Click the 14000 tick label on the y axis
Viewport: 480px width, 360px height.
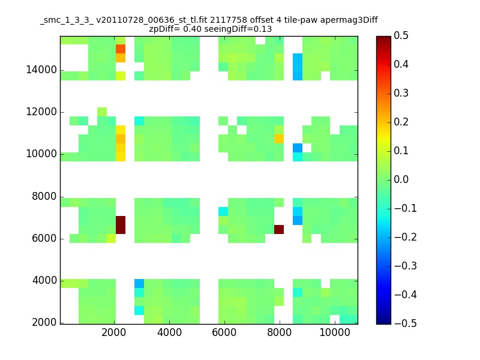pyautogui.click(x=41, y=70)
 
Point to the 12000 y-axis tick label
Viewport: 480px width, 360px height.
pyautogui.click(x=41, y=112)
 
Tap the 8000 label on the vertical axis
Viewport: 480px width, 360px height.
pyautogui.click(x=44, y=196)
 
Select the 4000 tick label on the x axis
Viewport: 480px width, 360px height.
pyautogui.click(x=169, y=332)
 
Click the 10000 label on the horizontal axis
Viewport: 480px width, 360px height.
pyautogui.click(x=335, y=332)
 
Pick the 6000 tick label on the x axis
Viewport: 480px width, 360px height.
pyautogui.click(x=224, y=332)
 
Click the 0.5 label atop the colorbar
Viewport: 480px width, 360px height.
pyautogui.click(x=401, y=35)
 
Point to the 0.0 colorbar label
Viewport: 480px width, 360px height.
pyautogui.click(x=401, y=179)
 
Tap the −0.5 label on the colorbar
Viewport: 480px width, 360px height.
pyautogui.click(x=406, y=323)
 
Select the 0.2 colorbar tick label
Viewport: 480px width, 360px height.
pyautogui.click(x=401, y=122)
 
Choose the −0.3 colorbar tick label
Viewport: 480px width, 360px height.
pyautogui.click(x=406, y=266)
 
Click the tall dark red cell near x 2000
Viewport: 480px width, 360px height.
pyautogui.click(x=121, y=225)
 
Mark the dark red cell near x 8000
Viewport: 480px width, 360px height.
pyautogui.click(x=279, y=229)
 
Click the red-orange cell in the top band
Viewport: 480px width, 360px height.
pyautogui.click(x=121, y=49)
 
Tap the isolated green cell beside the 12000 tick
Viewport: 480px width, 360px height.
pyautogui.click(x=102, y=112)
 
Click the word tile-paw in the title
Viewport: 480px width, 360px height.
pyautogui.click(x=301, y=20)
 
